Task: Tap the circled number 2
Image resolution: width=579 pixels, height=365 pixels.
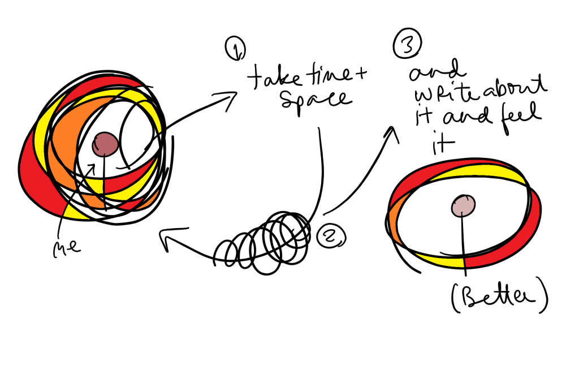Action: (x=328, y=234)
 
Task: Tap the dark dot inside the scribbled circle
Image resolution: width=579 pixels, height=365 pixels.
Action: (x=105, y=143)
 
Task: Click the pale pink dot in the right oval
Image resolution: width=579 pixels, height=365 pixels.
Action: (x=463, y=205)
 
